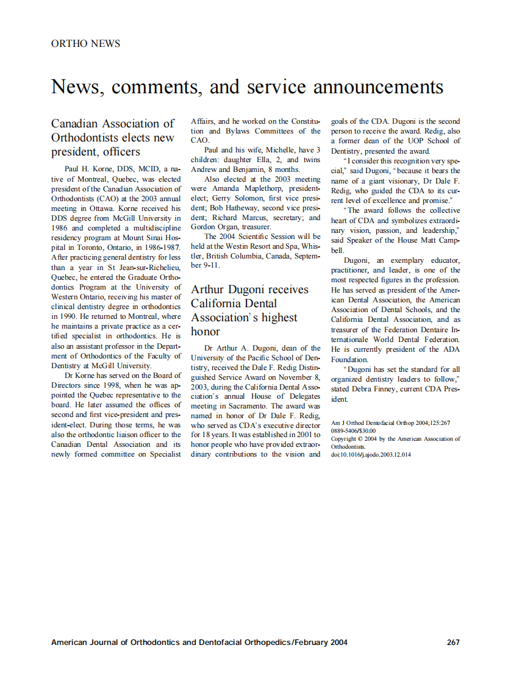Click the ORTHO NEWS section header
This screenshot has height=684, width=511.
[85, 44]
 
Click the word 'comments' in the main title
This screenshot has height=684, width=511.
[156, 87]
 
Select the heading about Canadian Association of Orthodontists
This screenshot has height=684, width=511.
[113, 138]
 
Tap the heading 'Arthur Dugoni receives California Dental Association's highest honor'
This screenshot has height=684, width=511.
[250, 310]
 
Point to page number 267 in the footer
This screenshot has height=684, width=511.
[452, 642]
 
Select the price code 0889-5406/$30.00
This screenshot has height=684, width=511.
[353, 430]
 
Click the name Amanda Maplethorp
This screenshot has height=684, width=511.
[251, 189]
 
